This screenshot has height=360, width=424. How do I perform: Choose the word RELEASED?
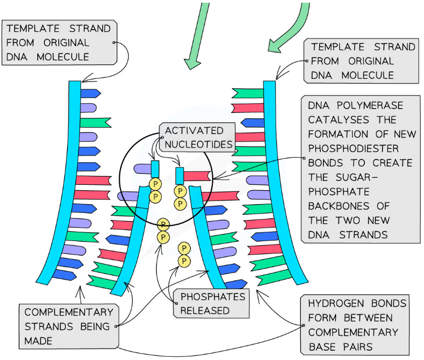pyautogui.click(x=205, y=310)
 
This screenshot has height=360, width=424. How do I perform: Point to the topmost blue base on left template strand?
pyautogui.click(x=90, y=93)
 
